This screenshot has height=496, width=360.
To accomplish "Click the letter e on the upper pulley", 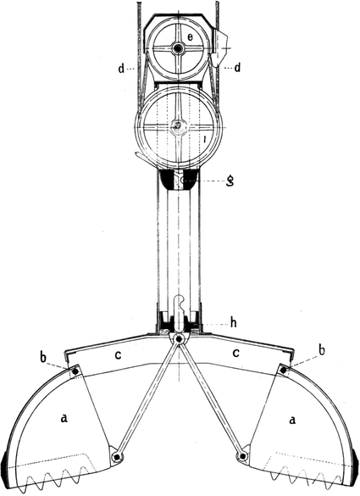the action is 190,37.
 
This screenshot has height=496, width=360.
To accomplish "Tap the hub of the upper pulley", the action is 178,48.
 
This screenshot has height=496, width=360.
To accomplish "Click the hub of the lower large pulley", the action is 178,126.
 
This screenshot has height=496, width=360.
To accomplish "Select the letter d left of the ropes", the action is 121,68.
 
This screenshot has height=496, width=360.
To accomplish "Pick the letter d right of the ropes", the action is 237,68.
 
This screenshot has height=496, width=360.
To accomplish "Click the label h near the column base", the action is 233,323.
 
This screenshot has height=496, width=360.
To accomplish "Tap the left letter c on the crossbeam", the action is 118,355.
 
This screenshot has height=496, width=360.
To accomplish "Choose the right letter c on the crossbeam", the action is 235,353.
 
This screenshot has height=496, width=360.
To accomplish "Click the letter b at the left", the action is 43,357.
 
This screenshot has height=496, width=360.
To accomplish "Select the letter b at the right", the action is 321,351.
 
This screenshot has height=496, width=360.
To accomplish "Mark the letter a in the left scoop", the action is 64,419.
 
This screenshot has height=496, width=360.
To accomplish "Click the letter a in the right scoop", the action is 293,420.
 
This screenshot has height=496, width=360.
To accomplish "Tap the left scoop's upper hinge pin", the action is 75,371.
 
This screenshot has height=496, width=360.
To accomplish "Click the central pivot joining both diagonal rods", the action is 179,339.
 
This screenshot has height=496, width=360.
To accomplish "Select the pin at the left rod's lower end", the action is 117,457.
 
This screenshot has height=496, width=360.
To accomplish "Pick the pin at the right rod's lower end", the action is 242,456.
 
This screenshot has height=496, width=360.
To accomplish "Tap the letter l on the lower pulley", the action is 206,139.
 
